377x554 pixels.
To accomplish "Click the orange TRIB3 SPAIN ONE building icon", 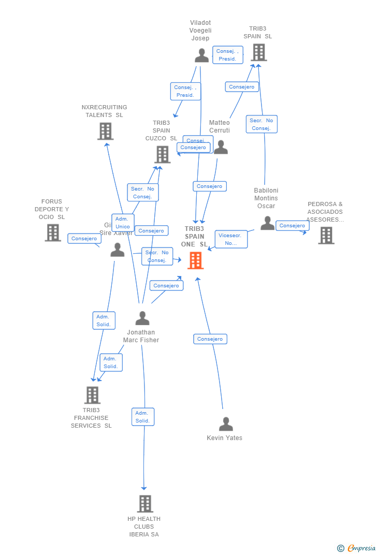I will [x=195, y=260].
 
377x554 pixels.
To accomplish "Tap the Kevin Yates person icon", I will [x=226, y=424].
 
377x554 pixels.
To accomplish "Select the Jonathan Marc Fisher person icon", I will [x=142, y=318].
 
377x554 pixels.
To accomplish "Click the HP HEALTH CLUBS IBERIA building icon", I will [x=145, y=503].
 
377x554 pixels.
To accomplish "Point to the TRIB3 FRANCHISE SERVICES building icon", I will [x=92, y=395].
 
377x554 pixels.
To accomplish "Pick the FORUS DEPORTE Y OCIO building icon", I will [x=53, y=232].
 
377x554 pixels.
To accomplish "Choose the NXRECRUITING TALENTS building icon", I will [x=105, y=131].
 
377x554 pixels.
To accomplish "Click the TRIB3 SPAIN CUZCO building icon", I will [x=162, y=154].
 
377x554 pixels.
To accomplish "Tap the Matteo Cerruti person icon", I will [x=221, y=147].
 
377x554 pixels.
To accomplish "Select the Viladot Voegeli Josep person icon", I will [x=201, y=55].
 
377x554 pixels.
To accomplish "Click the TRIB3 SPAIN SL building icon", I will [x=258, y=52].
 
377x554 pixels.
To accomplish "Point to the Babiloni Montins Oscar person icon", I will [x=267, y=223].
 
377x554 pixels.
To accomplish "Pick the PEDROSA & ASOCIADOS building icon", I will [x=326, y=235].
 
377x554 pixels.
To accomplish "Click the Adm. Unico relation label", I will [x=123, y=223].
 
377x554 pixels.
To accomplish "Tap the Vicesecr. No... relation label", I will [x=230, y=239].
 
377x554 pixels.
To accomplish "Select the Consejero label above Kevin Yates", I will [x=210, y=339].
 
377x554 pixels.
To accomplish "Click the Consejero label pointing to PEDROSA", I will [x=293, y=226].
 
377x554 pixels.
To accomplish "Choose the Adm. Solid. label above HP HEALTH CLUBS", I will [x=142, y=417].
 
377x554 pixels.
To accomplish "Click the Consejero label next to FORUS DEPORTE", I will [x=84, y=239].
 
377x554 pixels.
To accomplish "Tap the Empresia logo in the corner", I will [x=357, y=548].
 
